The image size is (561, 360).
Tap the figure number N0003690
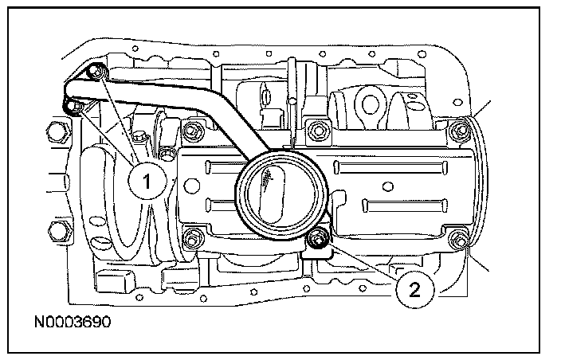click(x=73, y=324)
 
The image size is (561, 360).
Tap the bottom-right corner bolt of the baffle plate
click(x=457, y=239)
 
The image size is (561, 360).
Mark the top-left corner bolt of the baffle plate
click(x=192, y=129)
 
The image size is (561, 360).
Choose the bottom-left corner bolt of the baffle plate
click(x=191, y=237)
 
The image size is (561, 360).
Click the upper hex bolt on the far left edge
click(x=55, y=130)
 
